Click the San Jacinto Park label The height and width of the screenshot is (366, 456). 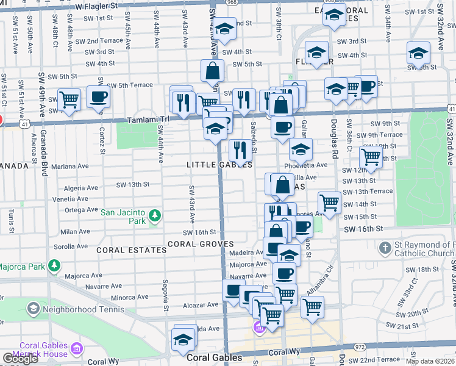[123, 217]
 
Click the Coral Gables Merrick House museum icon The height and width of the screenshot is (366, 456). [77, 349]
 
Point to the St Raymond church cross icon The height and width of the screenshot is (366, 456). [385, 248]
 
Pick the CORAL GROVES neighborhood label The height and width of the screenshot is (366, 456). [201, 244]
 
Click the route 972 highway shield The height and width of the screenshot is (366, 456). [360, 346]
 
